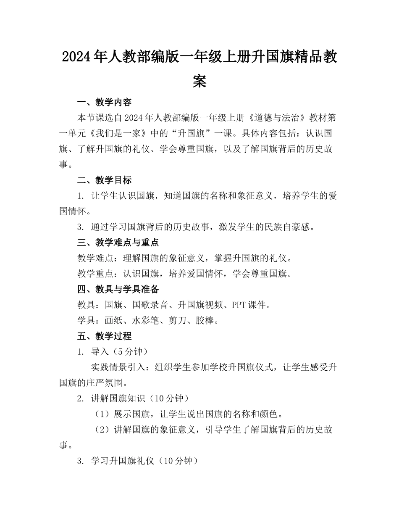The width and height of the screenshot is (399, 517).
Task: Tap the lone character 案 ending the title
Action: click(x=199, y=81)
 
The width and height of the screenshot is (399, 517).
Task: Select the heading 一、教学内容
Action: click(x=105, y=102)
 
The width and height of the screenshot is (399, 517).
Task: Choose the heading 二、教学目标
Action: click(x=105, y=180)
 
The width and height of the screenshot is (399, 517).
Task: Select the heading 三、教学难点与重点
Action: click(x=118, y=243)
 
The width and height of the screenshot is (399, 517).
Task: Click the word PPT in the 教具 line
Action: click(x=239, y=305)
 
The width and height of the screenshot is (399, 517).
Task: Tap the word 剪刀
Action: click(x=177, y=321)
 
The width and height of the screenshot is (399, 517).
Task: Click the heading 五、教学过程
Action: click(x=105, y=336)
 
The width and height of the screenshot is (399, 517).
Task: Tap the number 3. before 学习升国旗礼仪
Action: click(x=81, y=461)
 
